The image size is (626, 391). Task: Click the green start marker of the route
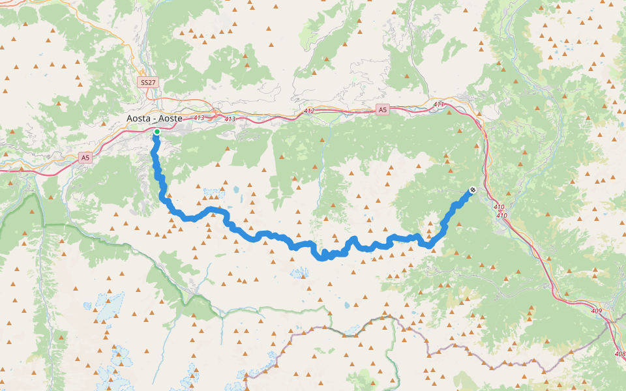pyautogui.click(x=157, y=132)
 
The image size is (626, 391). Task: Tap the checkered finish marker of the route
pyautogui.click(x=471, y=190)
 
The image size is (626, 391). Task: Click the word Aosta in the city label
pyautogui.click(x=139, y=119)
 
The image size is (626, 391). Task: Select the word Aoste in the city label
pyautogui.click(x=170, y=119)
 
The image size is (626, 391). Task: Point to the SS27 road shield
pyautogui.click(x=148, y=83)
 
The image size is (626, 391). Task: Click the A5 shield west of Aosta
pyautogui.click(x=85, y=157)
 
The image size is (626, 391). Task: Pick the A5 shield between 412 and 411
pyautogui.click(x=382, y=110)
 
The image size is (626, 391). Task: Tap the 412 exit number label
pyautogui.click(x=308, y=111)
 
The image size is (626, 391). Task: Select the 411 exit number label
pyautogui.click(x=438, y=104)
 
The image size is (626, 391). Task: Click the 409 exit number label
pyautogui.click(x=595, y=311)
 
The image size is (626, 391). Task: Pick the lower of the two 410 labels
pyautogui.click(x=501, y=215)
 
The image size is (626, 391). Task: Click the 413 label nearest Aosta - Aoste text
pyautogui.click(x=199, y=118)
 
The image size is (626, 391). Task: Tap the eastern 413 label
pyautogui.click(x=230, y=119)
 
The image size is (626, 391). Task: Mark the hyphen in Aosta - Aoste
pyautogui.click(x=155, y=119)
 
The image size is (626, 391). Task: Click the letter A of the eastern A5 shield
pyautogui.click(x=380, y=110)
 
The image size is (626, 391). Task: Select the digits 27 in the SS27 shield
pyautogui.click(x=151, y=83)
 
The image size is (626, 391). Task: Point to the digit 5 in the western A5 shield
pyautogui.click(x=87, y=157)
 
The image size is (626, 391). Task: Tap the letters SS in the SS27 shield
pyautogui.click(x=144, y=83)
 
